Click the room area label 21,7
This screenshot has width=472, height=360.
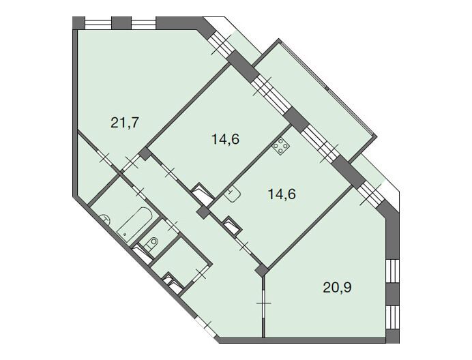[x=125, y=123]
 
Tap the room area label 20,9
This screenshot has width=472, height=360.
[x=337, y=288]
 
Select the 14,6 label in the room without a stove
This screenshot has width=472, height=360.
[x=226, y=139]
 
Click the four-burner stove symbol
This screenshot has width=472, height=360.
[x=281, y=147]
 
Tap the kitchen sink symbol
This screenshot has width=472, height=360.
[x=232, y=194]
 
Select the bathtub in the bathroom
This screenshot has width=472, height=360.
[x=134, y=224]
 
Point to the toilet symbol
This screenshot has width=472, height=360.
[x=151, y=243]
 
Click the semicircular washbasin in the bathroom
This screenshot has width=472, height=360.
[x=105, y=219]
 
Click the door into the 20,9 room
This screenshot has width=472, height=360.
[x=264, y=303]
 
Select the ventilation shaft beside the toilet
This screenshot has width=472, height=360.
[x=143, y=254]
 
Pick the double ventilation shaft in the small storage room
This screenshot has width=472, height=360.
[x=173, y=283]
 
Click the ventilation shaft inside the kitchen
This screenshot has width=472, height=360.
[x=233, y=226]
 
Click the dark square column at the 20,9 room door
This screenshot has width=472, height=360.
[x=262, y=271]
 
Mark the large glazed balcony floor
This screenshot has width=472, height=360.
[x=314, y=101]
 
